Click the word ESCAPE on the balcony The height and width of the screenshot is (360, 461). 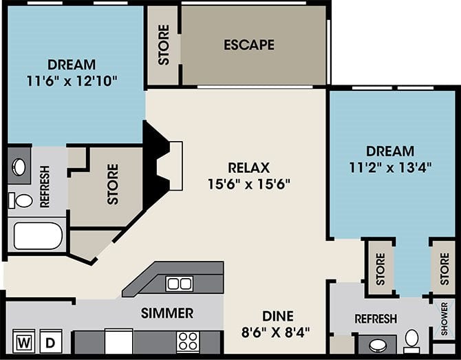coord(249,45)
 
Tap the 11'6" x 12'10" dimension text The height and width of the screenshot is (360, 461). coord(72,80)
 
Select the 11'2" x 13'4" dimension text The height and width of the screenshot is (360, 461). coord(390,166)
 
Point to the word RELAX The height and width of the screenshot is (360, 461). coord(249,168)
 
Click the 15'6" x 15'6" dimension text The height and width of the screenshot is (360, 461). coord(249,184)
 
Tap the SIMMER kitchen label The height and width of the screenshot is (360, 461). coord(167,314)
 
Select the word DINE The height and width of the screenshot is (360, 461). coord(277,316)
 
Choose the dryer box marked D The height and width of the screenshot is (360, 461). coord(50,341)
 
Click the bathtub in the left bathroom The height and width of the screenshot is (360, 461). coord(38,235)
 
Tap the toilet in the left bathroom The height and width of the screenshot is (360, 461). coord(23,200)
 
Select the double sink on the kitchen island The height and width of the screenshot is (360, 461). coord(179,283)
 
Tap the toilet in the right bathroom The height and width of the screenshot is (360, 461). coord(412,339)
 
